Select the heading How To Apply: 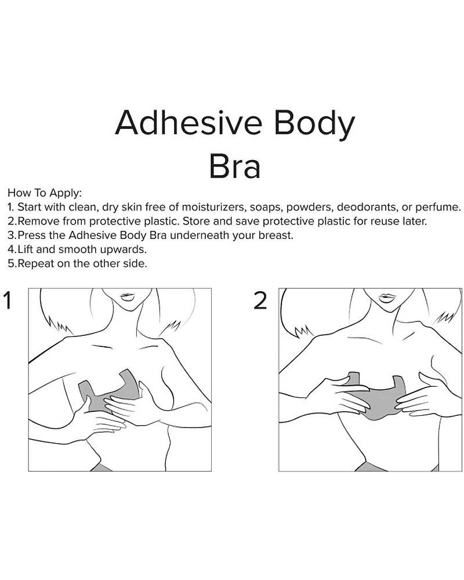45,193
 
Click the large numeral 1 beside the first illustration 7,300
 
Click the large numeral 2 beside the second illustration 260,300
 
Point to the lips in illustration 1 126,296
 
